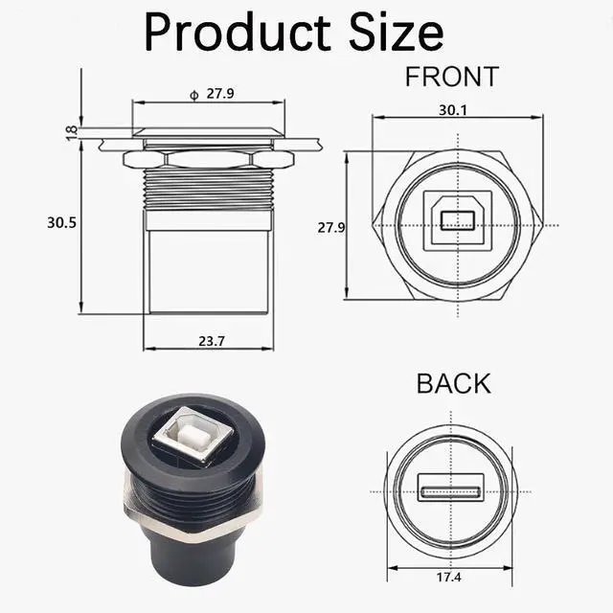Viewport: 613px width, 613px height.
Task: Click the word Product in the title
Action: pos(238,32)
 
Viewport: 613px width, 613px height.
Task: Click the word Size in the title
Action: pos(396,32)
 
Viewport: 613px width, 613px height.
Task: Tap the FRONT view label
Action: pos(452,77)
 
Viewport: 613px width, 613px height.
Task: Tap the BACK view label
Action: pos(453,383)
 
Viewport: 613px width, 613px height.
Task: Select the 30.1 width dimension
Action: pos(453,110)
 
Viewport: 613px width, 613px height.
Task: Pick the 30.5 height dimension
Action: pos(61,223)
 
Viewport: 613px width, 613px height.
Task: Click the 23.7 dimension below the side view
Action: pos(212,341)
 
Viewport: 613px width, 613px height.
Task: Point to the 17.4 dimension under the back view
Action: pos(449,577)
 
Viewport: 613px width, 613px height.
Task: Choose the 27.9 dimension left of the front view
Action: pos(331,228)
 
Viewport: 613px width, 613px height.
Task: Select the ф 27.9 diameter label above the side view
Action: pos(212,94)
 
